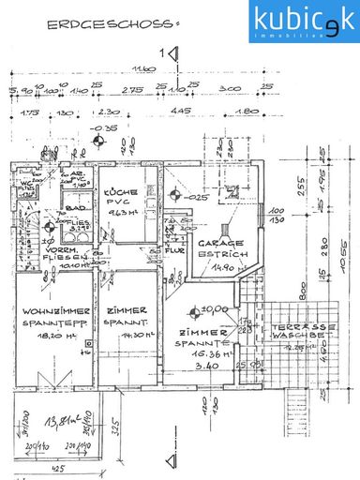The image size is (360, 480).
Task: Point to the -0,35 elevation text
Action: pyautogui.click(x=87, y=127)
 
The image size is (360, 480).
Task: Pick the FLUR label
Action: pyautogui.click(x=173, y=252)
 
